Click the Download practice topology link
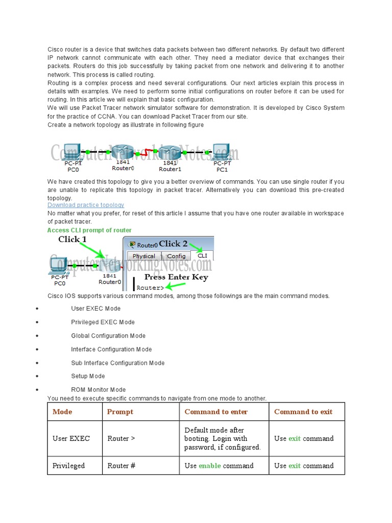point(86,205)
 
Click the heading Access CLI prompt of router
point(89,230)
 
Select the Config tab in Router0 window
point(176,256)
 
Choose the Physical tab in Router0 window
point(143,256)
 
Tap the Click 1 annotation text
point(72,240)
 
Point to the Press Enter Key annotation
point(176,277)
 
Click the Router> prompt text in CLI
point(151,288)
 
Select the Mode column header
point(62,412)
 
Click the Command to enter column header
point(216,412)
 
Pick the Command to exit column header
point(303,412)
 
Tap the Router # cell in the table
point(121,466)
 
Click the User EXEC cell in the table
point(71,438)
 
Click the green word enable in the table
point(210,466)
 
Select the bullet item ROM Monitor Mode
point(98,390)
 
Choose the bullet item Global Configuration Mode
point(108,336)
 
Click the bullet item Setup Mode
point(88,376)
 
